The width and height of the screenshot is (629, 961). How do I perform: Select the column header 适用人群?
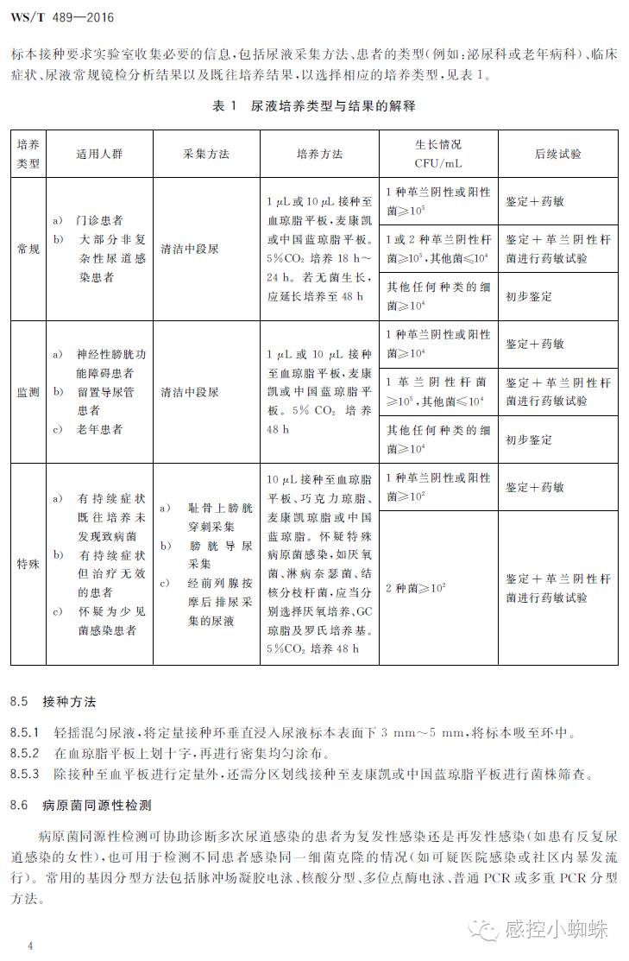click(x=98, y=154)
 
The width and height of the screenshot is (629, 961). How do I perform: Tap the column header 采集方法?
click(x=206, y=154)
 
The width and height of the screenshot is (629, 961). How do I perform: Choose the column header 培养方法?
click(x=319, y=154)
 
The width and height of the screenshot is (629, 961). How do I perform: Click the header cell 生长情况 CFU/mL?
click(x=437, y=153)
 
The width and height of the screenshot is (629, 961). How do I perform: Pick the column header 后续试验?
click(x=557, y=154)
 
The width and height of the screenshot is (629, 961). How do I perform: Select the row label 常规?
click(x=28, y=249)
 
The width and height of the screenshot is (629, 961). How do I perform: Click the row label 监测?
click(x=28, y=392)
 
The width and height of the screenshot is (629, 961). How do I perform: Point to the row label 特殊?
click(x=28, y=563)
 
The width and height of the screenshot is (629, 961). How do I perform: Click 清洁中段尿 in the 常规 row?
click(x=190, y=249)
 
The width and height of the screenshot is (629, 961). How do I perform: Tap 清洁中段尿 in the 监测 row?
click(x=190, y=392)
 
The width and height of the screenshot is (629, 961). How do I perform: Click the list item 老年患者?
click(x=99, y=429)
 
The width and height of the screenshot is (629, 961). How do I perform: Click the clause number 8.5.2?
click(x=25, y=753)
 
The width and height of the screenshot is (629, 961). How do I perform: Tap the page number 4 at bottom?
click(x=30, y=946)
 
